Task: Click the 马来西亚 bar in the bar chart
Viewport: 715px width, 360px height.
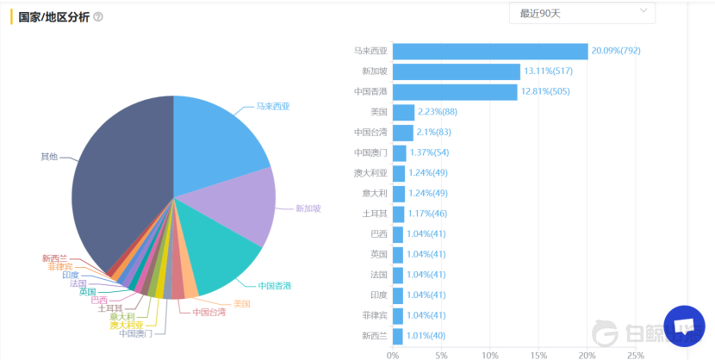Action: (x=490, y=52)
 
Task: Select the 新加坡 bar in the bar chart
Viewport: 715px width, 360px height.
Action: (x=457, y=72)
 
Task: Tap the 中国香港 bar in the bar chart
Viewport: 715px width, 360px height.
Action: (x=455, y=92)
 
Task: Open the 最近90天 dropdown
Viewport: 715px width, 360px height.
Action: (x=581, y=13)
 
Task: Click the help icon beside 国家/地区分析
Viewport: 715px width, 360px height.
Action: (x=98, y=17)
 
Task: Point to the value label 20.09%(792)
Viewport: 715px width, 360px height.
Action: (x=616, y=52)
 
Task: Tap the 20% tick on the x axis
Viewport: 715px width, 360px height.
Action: (x=588, y=354)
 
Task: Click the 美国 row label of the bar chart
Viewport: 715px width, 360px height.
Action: (x=378, y=112)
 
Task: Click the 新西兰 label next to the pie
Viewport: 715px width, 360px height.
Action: (x=54, y=258)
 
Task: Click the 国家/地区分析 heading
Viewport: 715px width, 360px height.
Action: (x=53, y=17)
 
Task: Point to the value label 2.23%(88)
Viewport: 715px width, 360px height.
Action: (x=438, y=112)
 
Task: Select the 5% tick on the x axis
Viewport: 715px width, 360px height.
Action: (x=442, y=354)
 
